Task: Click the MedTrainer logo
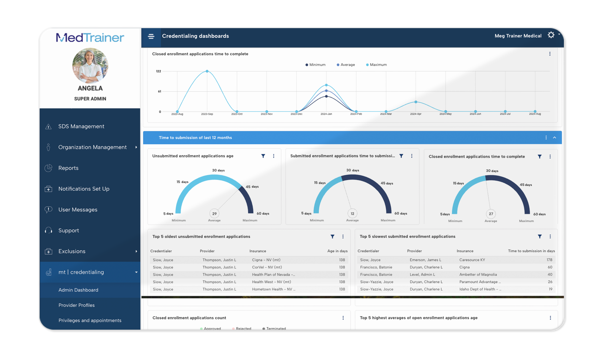coord(90,38)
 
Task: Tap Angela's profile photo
coord(90,65)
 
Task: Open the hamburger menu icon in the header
coord(151,36)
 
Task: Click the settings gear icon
coord(551,35)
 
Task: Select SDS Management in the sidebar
coord(81,127)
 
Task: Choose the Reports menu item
coord(68,168)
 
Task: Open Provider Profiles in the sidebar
coord(77,305)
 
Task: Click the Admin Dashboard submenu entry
coord(78,290)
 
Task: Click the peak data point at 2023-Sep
coord(207,71)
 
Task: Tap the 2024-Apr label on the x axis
coord(416,114)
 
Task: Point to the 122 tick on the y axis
coord(158,71)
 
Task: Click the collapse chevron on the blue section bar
coord(554,138)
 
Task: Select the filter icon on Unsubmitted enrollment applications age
coord(263,156)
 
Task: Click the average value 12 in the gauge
coord(352,214)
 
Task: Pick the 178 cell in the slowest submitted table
coord(549,260)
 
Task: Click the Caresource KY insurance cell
coord(472,260)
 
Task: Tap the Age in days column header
coord(337,251)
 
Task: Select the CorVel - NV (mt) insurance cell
coord(267,267)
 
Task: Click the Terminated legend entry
coord(276,329)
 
